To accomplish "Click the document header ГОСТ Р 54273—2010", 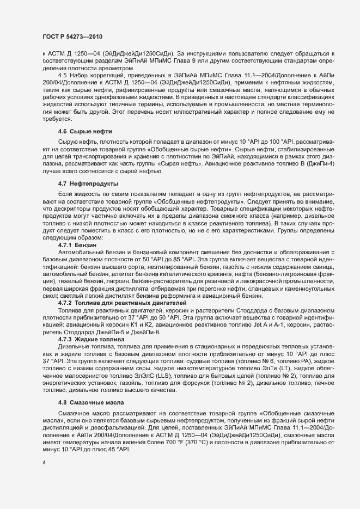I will click(74, 36).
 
